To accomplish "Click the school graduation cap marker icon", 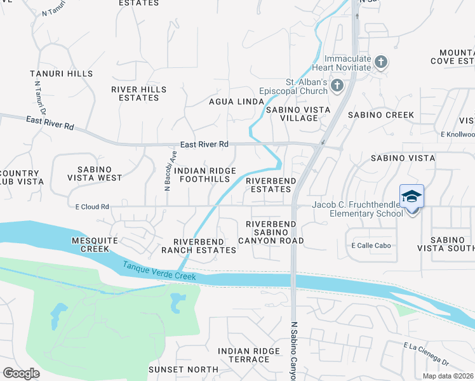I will (x=411, y=196).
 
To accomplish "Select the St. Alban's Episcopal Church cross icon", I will (x=337, y=85).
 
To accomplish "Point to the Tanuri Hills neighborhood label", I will (x=61, y=74).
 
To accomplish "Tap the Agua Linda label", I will (x=237, y=102).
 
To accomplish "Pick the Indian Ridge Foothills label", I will (x=205, y=175).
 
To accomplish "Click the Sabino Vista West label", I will (x=100, y=173).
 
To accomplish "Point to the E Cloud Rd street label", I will (x=92, y=206).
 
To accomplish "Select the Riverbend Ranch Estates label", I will (x=204, y=246).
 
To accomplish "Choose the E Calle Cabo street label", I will (x=371, y=246).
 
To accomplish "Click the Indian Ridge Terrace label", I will (x=249, y=355).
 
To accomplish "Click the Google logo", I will (x=21, y=373).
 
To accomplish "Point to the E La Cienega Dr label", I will (x=426, y=354).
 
